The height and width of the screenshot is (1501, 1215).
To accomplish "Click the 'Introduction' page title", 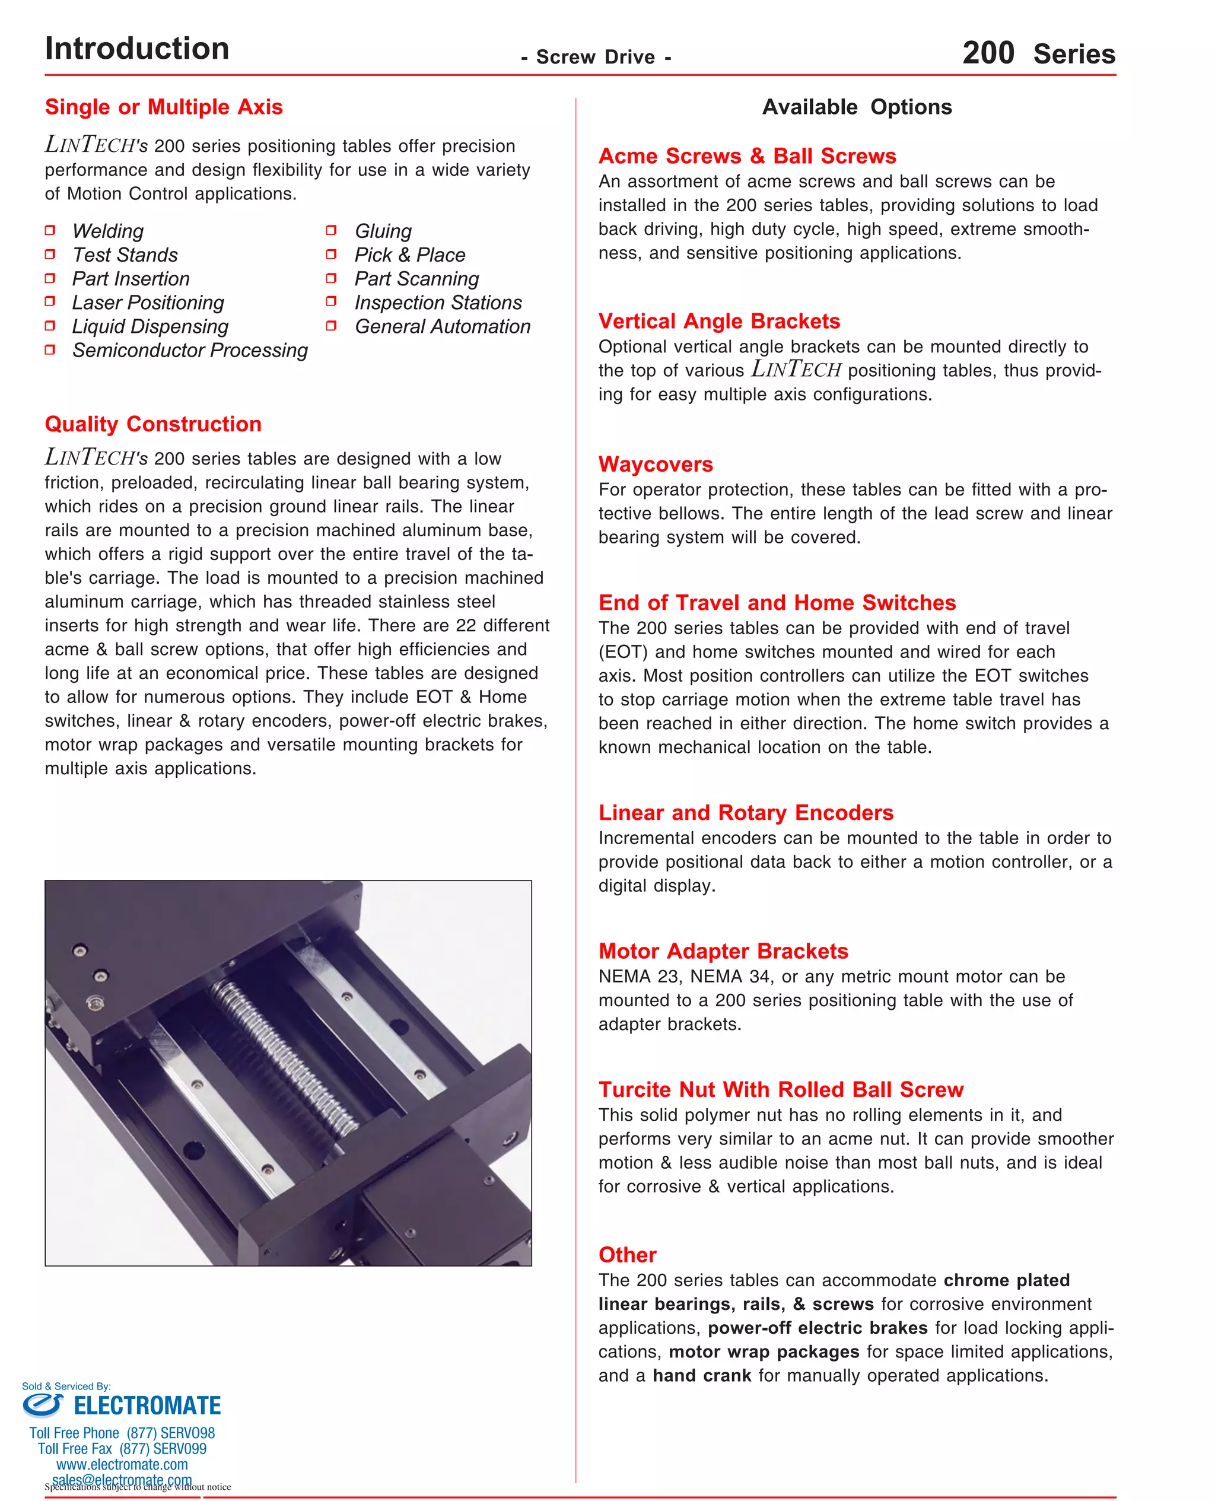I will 136,48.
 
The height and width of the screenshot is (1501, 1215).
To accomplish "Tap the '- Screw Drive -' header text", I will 596,57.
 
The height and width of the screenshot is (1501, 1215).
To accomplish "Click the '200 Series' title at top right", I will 1038,53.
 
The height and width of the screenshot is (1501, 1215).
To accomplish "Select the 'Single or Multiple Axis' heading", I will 164,107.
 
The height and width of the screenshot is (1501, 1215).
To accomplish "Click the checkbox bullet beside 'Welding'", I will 50,230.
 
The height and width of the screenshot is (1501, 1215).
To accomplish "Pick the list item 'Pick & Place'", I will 409,255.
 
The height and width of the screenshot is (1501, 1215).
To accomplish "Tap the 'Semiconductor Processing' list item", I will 190,350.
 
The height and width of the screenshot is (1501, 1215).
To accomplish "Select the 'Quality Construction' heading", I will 152,424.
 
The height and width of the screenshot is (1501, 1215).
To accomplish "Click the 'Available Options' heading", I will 857,107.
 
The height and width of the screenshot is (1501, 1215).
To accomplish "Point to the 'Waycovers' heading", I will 655,464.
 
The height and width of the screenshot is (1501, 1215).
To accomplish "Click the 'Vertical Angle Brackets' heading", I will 719,321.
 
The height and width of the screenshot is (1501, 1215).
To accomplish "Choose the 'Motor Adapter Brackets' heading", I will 723,951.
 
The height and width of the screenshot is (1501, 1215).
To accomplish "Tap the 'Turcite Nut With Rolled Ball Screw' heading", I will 780,1089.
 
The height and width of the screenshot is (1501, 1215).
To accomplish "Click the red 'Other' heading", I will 627,1255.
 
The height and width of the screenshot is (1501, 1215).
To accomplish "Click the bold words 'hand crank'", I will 701,1376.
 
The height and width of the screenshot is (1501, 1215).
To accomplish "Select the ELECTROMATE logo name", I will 147,1405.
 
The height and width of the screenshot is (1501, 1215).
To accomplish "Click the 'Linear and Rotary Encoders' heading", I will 745,812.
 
